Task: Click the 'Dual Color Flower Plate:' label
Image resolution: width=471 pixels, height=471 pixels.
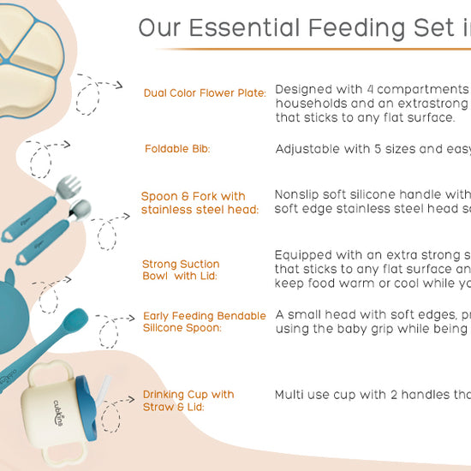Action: click(205, 92)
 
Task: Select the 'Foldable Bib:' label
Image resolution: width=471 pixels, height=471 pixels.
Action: click(177, 149)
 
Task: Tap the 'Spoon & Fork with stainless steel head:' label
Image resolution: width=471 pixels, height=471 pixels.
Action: click(200, 203)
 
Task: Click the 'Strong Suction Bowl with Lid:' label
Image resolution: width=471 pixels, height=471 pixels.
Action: click(181, 270)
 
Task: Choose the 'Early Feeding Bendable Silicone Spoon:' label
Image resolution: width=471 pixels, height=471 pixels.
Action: click(205, 322)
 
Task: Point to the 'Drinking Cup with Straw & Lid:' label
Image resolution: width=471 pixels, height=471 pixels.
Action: click(188, 400)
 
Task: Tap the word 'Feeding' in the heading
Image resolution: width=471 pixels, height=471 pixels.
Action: click(373, 28)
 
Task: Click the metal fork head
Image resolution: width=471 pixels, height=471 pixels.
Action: click(72, 186)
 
